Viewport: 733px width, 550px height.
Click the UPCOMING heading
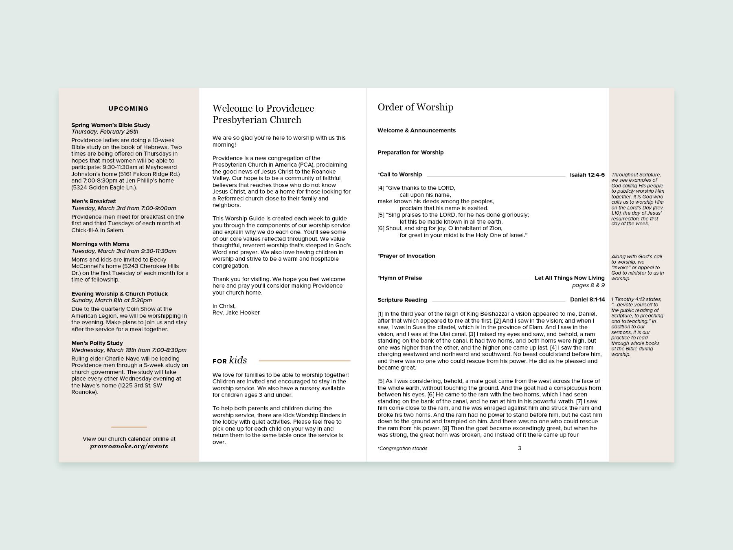pyautogui.click(x=128, y=109)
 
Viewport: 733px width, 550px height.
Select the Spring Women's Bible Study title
pyautogui.click(x=111, y=125)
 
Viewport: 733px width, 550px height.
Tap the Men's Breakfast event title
pyautogui.click(x=94, y=201)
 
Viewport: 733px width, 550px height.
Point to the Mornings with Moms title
pyautogui.click(x=100, y=244)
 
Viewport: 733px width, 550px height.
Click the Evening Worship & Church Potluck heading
pyautogui.click(x=119, y=294)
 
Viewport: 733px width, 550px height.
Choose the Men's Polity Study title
pyautogui.click(x=97, y=343)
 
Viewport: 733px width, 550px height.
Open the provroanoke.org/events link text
pyautogui.click(x=129, y=446)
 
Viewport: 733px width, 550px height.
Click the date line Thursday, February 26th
pyautogui.click(x=105, y=132)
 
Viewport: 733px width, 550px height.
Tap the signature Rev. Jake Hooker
pyautogui.click(x=236, y=312)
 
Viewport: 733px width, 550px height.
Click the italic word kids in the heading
pyautogui.click(x=238, y=360)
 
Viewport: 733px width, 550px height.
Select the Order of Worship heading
pyautogui.click(x=415, y=107)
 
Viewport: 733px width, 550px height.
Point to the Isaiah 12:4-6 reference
pyautogui.click(x=587, y=175)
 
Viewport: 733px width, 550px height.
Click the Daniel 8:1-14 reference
pyautogui.click(x=587, y=299)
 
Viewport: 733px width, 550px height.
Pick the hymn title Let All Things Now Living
pyautogui.click(x=569, y=278)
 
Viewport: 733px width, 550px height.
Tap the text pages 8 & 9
pyautogui.click(x=588, y=285)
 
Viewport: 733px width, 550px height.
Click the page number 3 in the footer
pyautogui.click(x=520, y=448)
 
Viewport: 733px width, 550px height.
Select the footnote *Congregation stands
pyautogui.click(x=402, y=449)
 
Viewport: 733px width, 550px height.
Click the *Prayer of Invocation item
pyautogui.click(x=406, y=256)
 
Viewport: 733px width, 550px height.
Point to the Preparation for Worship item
pyautogui.click(x=410, y=152)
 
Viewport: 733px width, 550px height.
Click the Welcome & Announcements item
pyautogui.click(x=416, y=130)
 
